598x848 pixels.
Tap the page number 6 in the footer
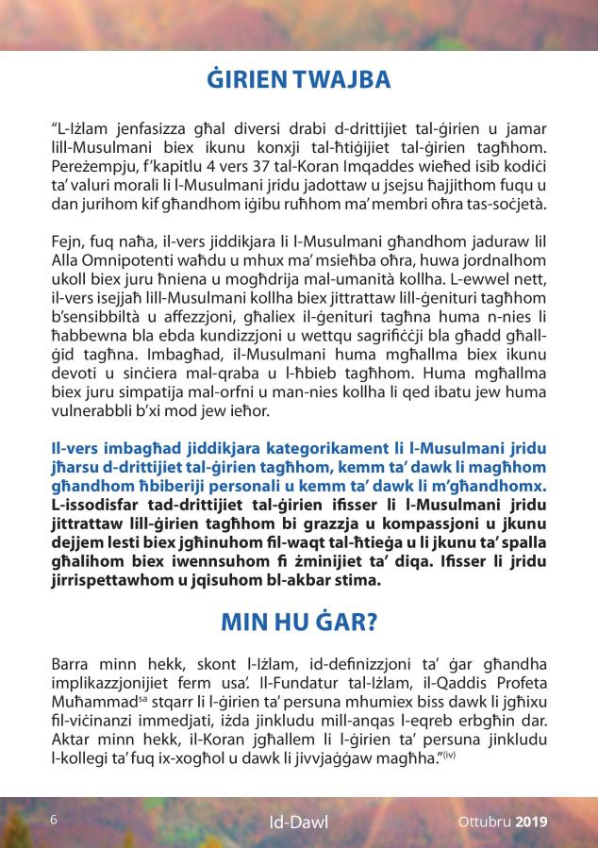point(54,820)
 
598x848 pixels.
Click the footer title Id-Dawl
point(299,822)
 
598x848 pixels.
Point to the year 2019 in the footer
point(531,821)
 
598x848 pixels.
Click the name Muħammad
point(94,702)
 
